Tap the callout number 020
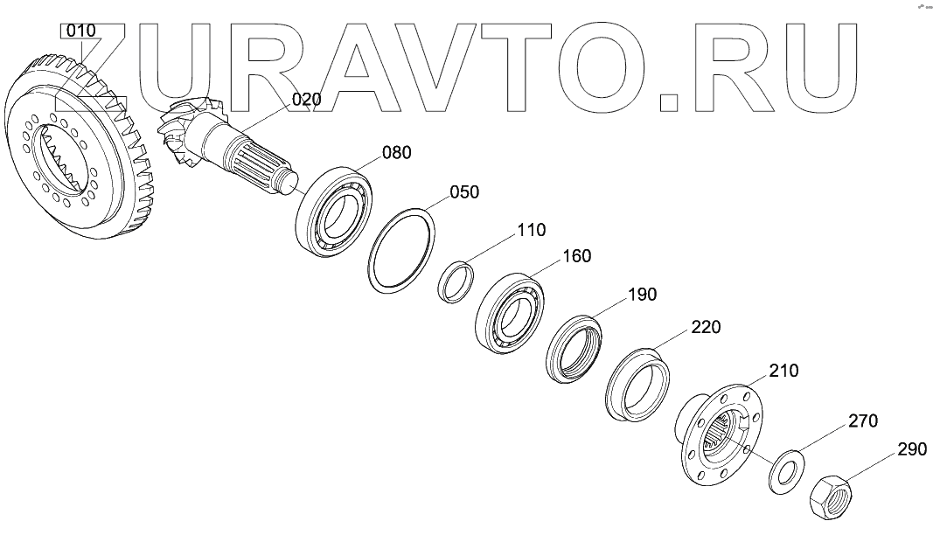point(306,100)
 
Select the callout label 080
point(396,153)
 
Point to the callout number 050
point(464,192)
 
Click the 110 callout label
point(531,231)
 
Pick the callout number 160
point(576,256)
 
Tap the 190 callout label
point(642,295)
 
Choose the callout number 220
point(706,328)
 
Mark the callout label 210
point(783,372)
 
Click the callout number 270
point(861,421)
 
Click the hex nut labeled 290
point(832,499)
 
